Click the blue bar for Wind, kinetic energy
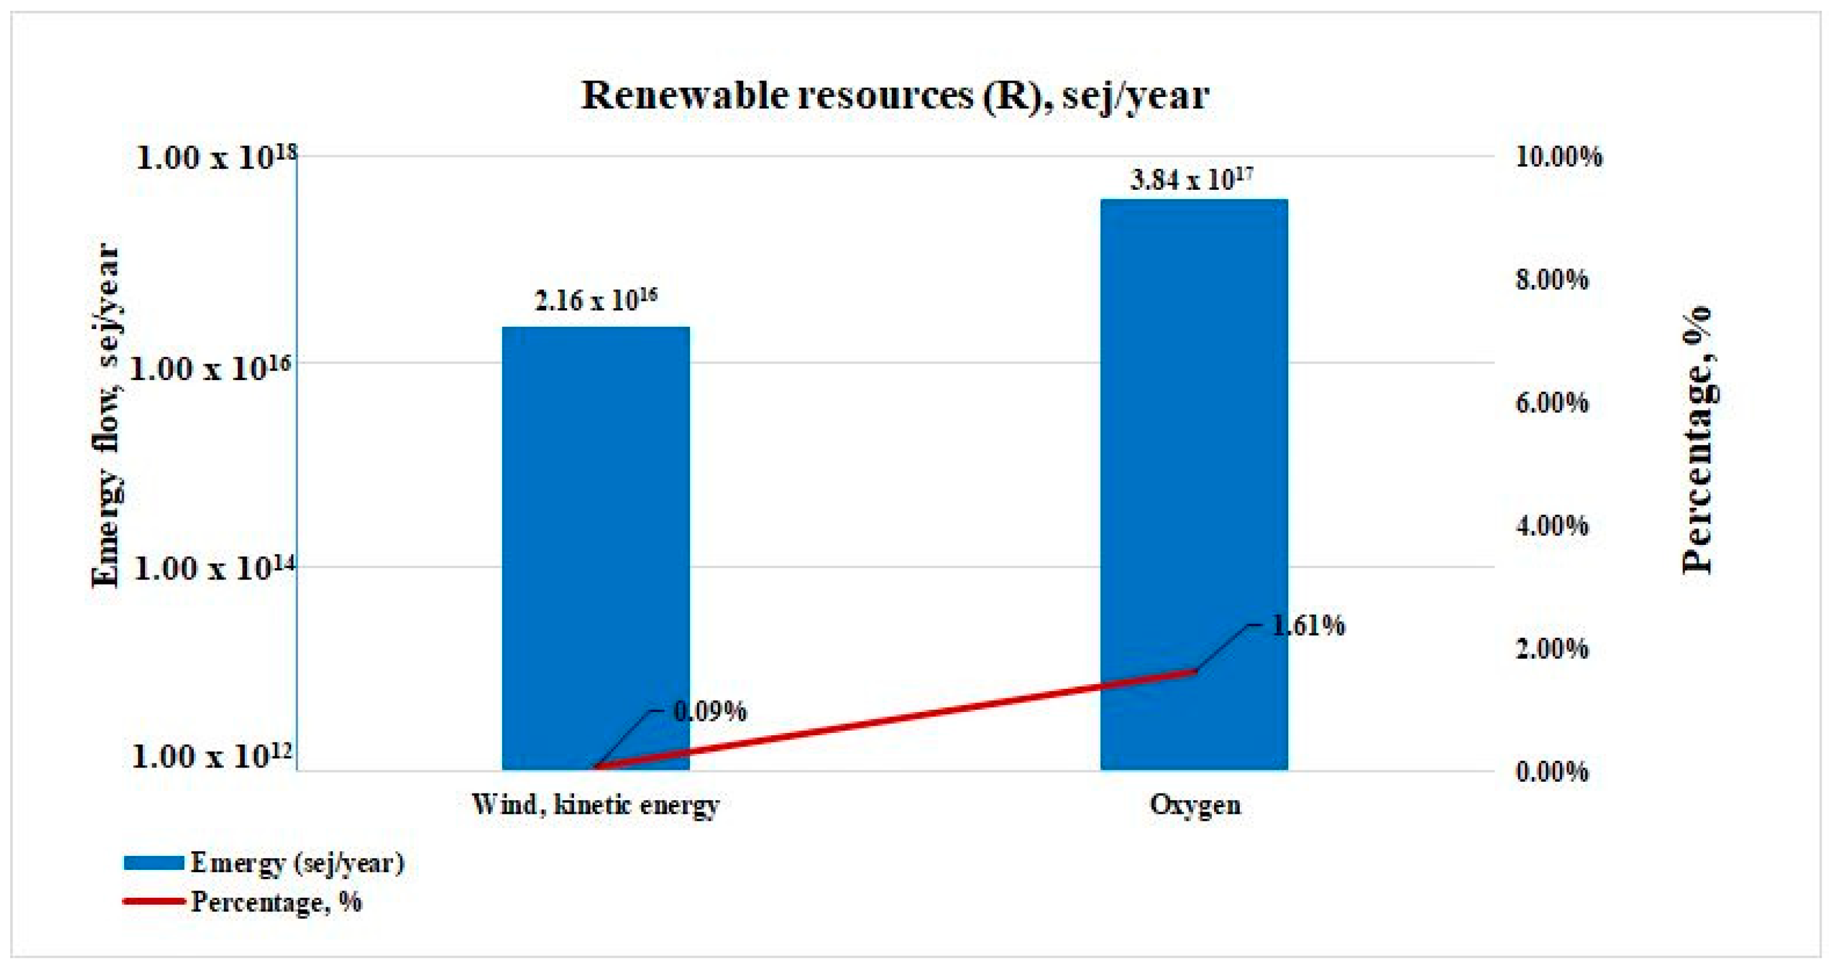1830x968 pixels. tap(595, 547)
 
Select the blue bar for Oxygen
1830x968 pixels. tap(1194, 483)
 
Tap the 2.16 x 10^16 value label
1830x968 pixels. tap(595, 300)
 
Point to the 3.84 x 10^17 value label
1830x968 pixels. tap(1191, 180)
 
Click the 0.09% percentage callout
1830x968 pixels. tap(709, 711)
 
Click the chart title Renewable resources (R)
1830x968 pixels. tap(895, 96)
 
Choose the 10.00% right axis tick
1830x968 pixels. tap(1559, 157)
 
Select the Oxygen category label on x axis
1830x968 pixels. tap(1195, 805)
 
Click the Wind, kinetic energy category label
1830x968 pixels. tap(595, 805)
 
